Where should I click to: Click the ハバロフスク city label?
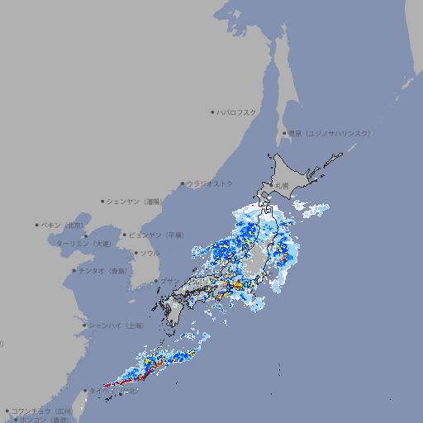coord(237,112)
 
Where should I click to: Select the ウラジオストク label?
coord(210,183)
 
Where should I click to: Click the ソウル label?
coord(150,254)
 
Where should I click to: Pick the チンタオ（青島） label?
coord(103,271)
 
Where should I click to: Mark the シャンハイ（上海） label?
coord(115,326)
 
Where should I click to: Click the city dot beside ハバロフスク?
coord(212,112)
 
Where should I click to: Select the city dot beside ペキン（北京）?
coord(37,225)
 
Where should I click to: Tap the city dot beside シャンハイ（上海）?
coord(84,326)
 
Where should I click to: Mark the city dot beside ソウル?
coord(135,254)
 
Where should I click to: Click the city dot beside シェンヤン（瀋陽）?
coord(102,201)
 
